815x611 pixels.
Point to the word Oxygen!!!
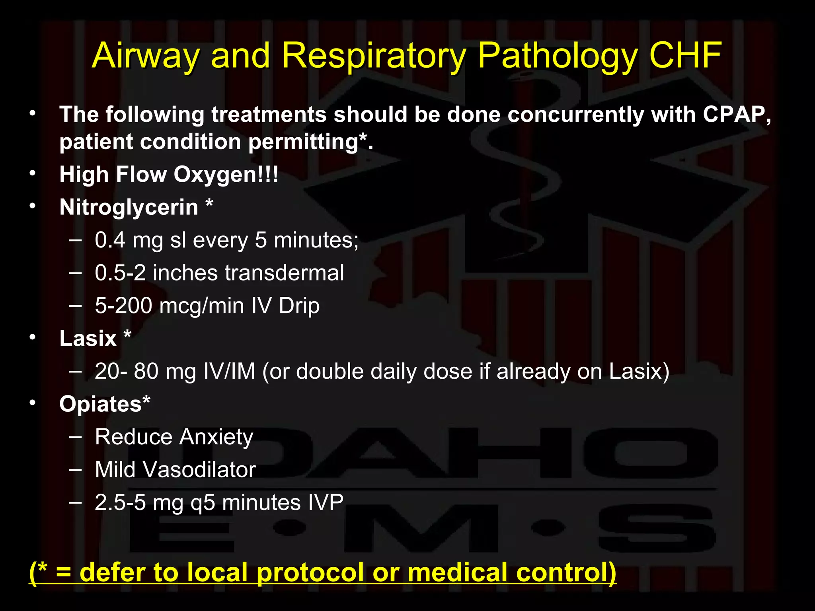click(226, 175)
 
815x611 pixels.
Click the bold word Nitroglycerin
click(129, 207)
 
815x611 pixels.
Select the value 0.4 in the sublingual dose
click(110, 240)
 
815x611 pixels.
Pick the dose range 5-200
click(123, 306)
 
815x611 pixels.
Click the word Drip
click(299, 306)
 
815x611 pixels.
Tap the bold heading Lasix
click(88, 339)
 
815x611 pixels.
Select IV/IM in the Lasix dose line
click(229, 372)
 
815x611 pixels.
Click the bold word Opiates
click(100, 404)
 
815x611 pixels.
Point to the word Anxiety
click(216, 437)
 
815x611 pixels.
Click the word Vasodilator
click(199, 470)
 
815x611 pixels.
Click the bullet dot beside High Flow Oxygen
click(33, 173)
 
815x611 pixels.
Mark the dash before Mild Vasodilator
click(75, 469)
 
